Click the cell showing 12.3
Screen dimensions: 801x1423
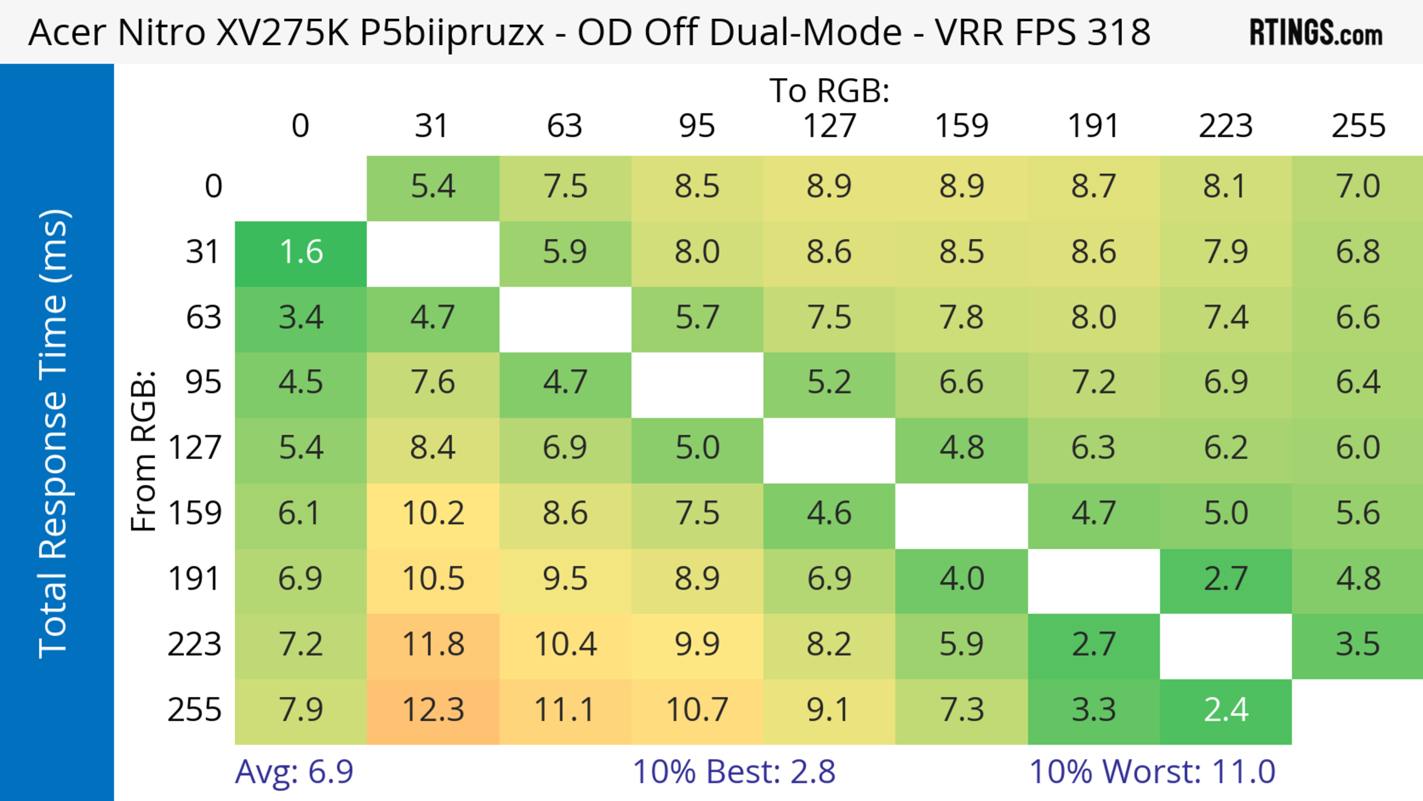[433, 710]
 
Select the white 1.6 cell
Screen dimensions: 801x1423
[301, 252]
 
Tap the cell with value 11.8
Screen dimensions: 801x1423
[433, 645]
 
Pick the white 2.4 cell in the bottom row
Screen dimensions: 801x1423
[1226, 710]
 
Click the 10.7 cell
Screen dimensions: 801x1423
[697, 710]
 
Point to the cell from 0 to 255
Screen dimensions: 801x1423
[1358, 187]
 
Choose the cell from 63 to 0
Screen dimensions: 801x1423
[301, 318]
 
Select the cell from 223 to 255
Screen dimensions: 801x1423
[1358, 645]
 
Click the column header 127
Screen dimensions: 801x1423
[829, 126]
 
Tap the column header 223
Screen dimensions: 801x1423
[1226, 126]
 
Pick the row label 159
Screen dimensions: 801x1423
[195, 514]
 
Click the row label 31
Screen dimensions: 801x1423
[203, 252]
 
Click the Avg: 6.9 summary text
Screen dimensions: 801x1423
[294, 772]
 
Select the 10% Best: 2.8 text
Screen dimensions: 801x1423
[734, 772]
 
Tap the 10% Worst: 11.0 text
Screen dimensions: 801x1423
[1152, 772]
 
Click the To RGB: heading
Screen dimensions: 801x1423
[829, 90]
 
